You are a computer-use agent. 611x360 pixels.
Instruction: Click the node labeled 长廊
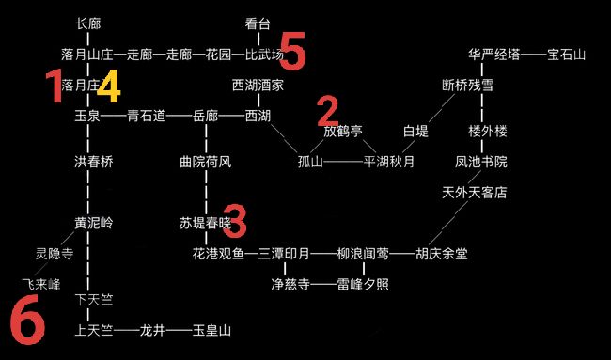pos(88,24)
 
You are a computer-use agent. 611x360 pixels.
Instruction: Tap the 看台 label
pos(258,24)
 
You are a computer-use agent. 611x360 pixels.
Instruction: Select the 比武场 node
pos(264,55)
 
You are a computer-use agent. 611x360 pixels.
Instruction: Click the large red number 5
pos(292,51)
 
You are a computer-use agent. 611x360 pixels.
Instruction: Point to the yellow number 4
pos(109,86)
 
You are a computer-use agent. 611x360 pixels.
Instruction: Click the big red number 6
pos(27,320)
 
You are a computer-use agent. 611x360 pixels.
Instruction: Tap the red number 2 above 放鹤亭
pos(328,112)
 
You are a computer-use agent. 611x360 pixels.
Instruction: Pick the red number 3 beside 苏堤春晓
pos(235,221)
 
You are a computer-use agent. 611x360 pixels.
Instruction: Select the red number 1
pos(55,86)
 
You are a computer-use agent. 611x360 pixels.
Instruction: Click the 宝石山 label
pos(566,55)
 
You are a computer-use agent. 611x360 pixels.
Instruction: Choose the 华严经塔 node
pos(494,55)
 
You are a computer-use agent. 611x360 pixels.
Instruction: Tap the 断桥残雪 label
pos(468,86)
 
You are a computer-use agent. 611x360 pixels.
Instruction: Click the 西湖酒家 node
pos(258,86)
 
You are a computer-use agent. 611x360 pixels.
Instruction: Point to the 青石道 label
pos(147,116)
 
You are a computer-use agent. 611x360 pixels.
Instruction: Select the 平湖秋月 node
pos(389,162)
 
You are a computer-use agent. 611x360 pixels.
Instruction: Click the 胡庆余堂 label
pos(442,254)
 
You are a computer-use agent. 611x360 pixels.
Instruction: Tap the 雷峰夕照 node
pos(363,285)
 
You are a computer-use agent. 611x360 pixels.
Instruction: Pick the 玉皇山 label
pos(212,331)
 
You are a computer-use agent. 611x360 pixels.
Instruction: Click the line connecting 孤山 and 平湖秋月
pos(343,162)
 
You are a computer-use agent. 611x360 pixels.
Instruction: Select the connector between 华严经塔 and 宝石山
pos(534,55)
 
